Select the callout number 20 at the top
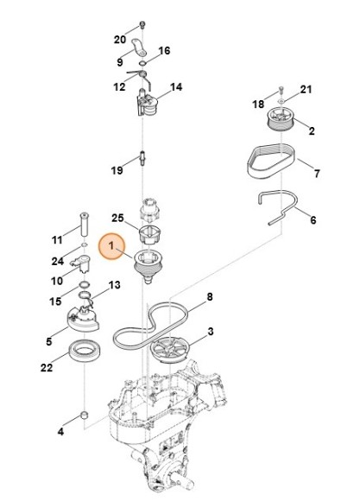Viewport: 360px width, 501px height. coord(120,39)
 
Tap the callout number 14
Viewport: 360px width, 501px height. coord(176,87)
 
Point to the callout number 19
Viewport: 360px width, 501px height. coord(117,171)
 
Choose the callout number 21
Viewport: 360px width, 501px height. coord(306,89)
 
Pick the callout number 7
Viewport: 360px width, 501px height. coord(316,174)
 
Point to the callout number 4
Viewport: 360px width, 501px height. coord(60,431)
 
